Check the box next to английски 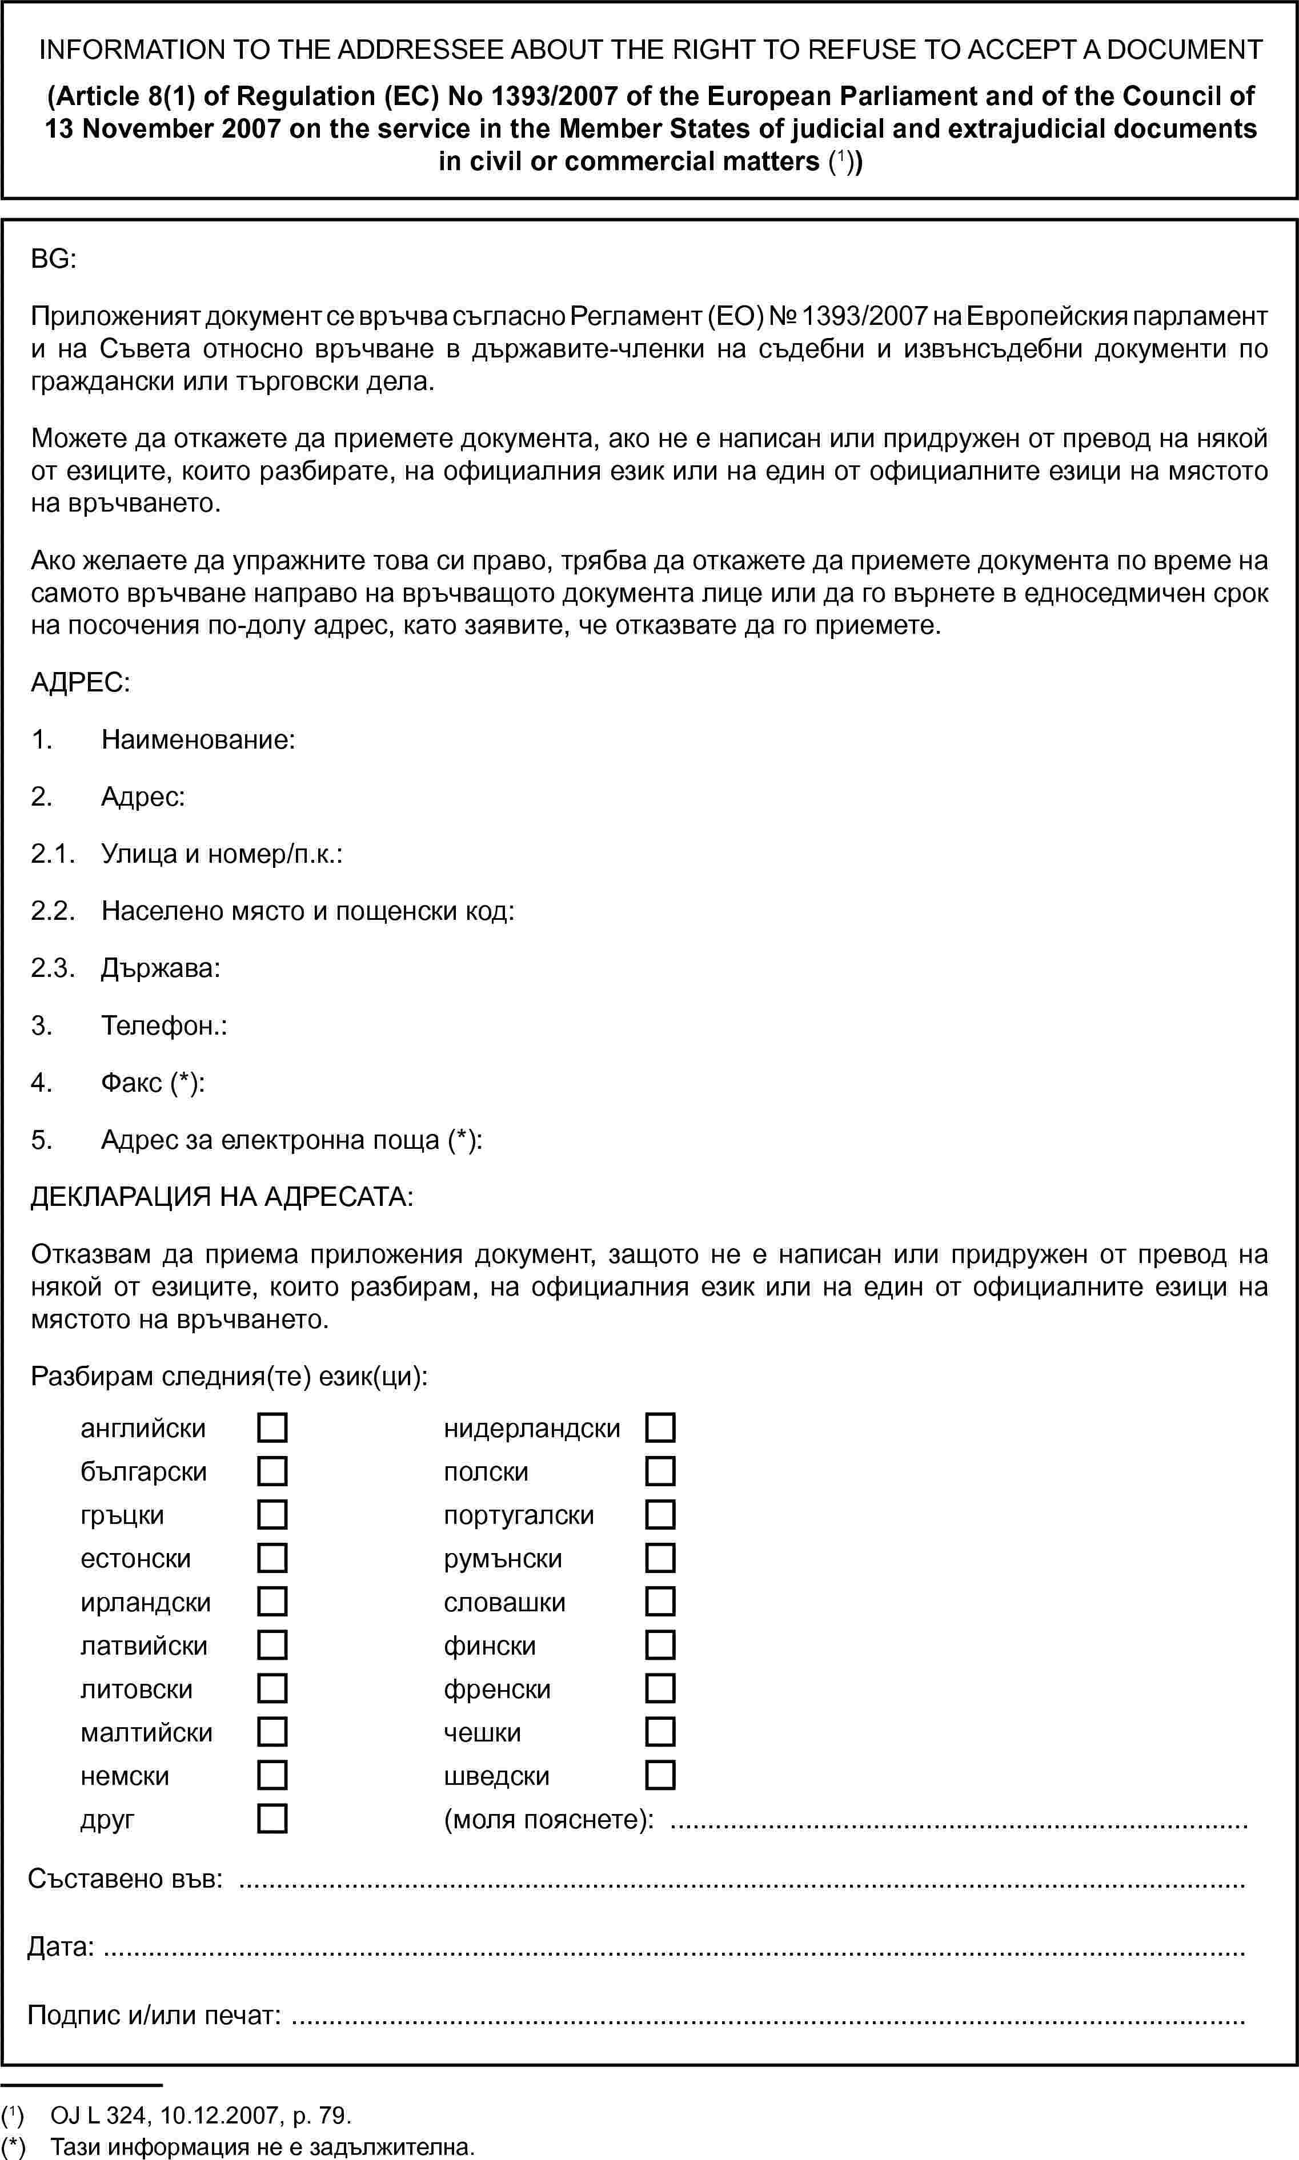272,1428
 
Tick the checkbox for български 272,1471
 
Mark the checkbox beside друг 272,1819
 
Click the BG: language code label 53,259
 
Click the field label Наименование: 198,740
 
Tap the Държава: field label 160,968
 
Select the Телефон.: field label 165,1025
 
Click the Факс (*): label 153,1083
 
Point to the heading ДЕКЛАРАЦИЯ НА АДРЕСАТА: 222,1197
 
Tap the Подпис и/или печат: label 154,2015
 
